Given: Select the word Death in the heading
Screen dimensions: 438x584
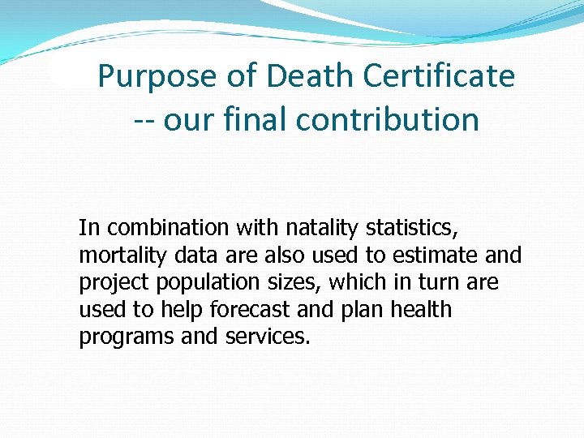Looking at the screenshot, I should [x=313, y=77].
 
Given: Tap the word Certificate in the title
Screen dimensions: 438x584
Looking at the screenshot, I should [x=439, y=77].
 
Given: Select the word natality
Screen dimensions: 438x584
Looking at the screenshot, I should [x=307, y=228].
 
